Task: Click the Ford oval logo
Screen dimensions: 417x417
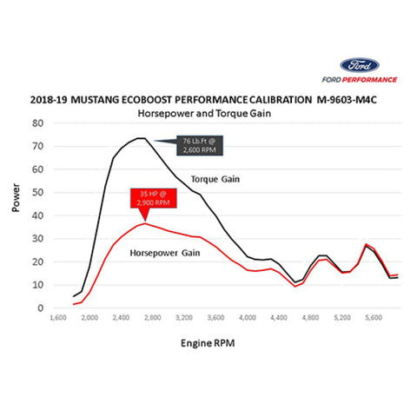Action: (361, 65)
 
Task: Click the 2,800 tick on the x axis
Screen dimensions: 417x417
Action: (153, 318)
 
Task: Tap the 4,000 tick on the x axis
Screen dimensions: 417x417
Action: (248, 318)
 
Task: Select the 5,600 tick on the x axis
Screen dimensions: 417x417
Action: (374, 318)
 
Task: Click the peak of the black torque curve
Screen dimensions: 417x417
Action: (140, 137)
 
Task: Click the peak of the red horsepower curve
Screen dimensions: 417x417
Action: (144, 223)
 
